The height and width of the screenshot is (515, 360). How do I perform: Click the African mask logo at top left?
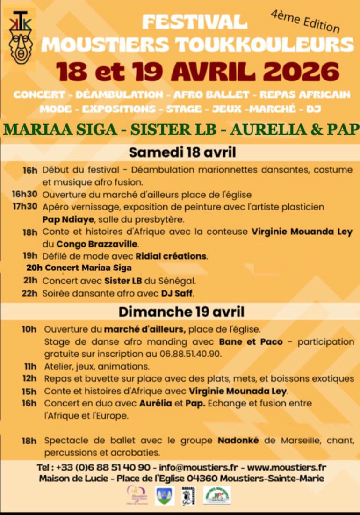[x=21, y=37]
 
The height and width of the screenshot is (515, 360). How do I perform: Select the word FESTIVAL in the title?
[x=194, y=22]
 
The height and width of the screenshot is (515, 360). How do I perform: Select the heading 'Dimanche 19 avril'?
[x=181, y=312]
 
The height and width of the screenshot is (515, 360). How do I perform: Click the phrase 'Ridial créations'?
[x=171, y=256]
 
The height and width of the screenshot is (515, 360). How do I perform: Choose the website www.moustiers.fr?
[x=287, y=467]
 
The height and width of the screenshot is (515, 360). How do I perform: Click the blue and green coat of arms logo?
[x=165, y=496]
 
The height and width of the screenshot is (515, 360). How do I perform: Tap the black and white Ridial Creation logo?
[x=188, y=496]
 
